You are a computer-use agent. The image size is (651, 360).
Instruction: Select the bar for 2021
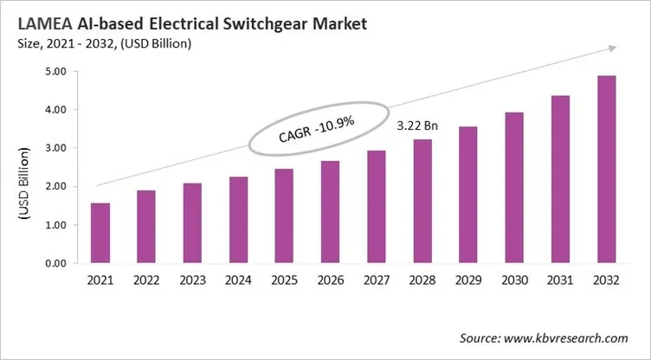tap(100, 233)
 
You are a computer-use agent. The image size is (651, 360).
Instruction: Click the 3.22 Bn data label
tap(416, 126)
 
